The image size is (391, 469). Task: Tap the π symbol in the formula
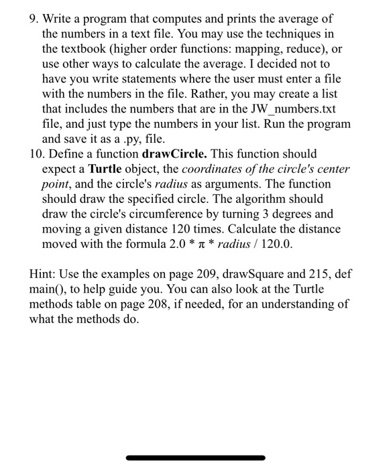(200, 245)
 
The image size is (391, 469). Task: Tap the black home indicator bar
(195, 458)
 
